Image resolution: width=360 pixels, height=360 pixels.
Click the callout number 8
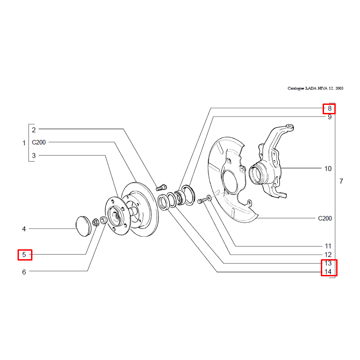coord(329,108)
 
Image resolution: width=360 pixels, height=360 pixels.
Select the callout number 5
coord(24,255)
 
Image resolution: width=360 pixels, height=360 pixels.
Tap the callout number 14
coord(328,272)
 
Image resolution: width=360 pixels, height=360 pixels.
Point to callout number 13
coord(328,263)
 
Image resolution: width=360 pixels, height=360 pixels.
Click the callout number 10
coord(328,169)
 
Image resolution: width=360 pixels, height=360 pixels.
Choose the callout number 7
coord(342,182)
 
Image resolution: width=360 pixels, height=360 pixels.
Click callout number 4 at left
coord(24,229)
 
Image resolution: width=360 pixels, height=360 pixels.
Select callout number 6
coord(24,272)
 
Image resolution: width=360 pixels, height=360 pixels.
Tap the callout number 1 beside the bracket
coord(24,143)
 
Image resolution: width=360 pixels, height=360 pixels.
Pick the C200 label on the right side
coord(324,219)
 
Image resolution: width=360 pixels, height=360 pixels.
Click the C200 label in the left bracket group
coord(39,142)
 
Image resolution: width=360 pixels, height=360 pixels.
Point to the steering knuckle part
coord(270,162)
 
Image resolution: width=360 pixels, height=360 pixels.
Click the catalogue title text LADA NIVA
coord(315,89)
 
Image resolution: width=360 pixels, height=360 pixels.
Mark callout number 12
coord(328,255)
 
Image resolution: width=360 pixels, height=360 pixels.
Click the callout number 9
coord(329,117)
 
